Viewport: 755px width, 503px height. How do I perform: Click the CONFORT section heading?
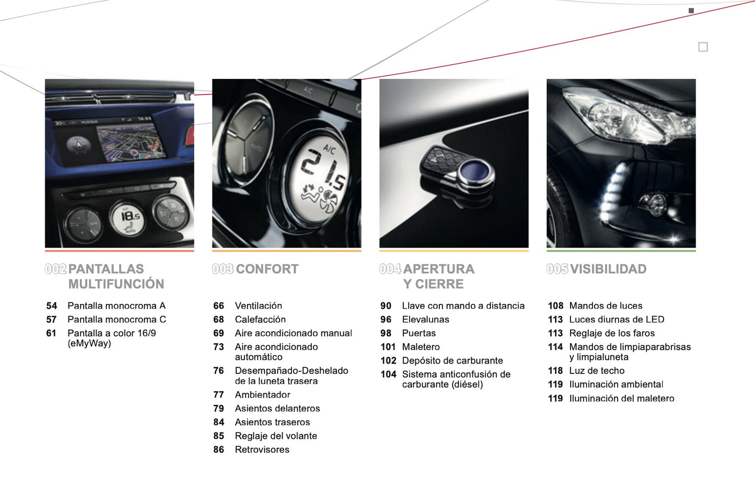pos(267,269)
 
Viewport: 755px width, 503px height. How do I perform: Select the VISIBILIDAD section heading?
pos(608,269)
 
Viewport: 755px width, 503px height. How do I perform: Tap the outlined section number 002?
pos(55,269)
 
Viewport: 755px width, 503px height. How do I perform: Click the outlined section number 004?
pos(390,269)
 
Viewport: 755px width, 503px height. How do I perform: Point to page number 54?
pos(52,306)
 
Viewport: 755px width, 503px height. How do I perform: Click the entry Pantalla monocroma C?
pos(117,319)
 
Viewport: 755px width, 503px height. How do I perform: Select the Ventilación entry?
pos(258,306)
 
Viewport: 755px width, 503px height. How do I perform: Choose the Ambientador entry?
pos(262,394)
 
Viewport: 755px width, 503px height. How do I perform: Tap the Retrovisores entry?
pos(262,449)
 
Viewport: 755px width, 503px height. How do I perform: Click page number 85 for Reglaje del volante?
pos(218,436)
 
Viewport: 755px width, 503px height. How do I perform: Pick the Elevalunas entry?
pos(425,319)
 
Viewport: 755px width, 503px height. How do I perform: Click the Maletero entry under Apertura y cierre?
pos(421,347)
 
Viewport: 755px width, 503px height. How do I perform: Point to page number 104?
pos(388,375)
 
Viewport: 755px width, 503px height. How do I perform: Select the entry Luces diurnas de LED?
pos(617,319)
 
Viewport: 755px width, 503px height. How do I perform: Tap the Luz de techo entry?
pos(597,371)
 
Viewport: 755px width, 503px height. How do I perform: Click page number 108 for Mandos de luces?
pos(555,306)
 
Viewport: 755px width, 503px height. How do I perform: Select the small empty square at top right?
pos(703,47)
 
